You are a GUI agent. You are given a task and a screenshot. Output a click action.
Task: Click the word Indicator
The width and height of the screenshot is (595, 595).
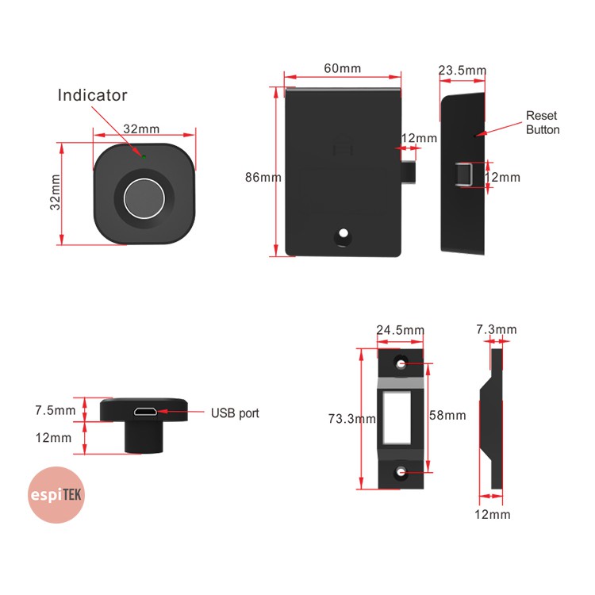92,95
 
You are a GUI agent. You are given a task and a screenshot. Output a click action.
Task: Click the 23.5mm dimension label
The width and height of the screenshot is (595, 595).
462,70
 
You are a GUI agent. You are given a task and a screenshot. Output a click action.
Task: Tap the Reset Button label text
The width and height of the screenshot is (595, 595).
543,123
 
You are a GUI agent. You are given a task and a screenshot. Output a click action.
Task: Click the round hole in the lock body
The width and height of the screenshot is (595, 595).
344,235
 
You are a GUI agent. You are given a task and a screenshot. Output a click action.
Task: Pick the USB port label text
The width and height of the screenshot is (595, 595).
235,413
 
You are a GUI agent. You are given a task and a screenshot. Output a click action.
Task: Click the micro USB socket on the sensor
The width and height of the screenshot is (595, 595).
144,412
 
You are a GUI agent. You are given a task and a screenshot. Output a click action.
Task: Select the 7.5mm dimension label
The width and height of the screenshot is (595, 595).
56,410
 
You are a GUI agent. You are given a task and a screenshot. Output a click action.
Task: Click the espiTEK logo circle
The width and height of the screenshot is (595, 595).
56,496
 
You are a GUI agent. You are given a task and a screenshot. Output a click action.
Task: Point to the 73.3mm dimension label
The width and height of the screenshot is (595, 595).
351,418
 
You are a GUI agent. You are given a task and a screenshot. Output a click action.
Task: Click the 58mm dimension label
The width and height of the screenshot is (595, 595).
448,415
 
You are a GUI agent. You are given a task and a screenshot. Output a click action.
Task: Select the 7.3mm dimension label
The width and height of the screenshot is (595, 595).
496,329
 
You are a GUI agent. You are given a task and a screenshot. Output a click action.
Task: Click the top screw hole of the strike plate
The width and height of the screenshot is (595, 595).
401,364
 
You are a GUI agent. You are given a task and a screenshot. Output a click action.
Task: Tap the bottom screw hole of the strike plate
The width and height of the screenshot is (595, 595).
401,474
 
